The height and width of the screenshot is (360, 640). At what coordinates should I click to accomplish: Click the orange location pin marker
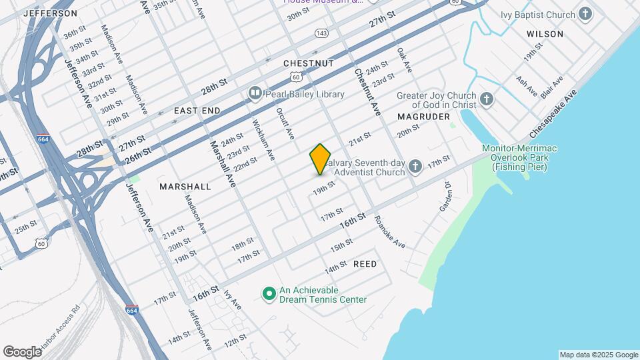click(x=321, y=159)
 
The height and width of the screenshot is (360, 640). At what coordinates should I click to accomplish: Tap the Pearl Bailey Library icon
click(x=255, y=94)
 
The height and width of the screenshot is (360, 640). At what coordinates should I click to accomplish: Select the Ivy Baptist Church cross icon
click(x=585, y=14)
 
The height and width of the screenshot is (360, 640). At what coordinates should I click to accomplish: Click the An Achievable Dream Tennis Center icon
click(x=269, y=293)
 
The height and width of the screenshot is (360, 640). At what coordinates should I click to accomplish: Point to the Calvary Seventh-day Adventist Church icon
click(x=415, y=166)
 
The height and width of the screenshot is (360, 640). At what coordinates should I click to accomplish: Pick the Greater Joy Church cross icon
click(x=487, y=100)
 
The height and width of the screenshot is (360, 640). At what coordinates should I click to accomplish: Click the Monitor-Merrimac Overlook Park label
click(x=521, y=158)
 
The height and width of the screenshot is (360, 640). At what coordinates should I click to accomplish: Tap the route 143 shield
click(x=321, y=33)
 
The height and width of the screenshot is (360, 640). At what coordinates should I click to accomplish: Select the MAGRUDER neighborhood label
click(x=420, y=116)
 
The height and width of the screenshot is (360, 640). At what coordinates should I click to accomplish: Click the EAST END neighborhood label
click(x=196, y=110)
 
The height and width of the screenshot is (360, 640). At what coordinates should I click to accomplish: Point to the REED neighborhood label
click(x=365, y=264)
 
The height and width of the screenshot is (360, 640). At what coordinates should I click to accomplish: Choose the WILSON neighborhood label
click(x=545, y=33)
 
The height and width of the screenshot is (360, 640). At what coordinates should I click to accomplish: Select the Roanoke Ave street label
click(x=389, y=232)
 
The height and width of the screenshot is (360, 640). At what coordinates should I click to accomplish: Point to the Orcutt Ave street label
click(x=285, y=122)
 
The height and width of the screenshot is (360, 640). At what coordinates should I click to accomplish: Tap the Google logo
click(x=22, y=351)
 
